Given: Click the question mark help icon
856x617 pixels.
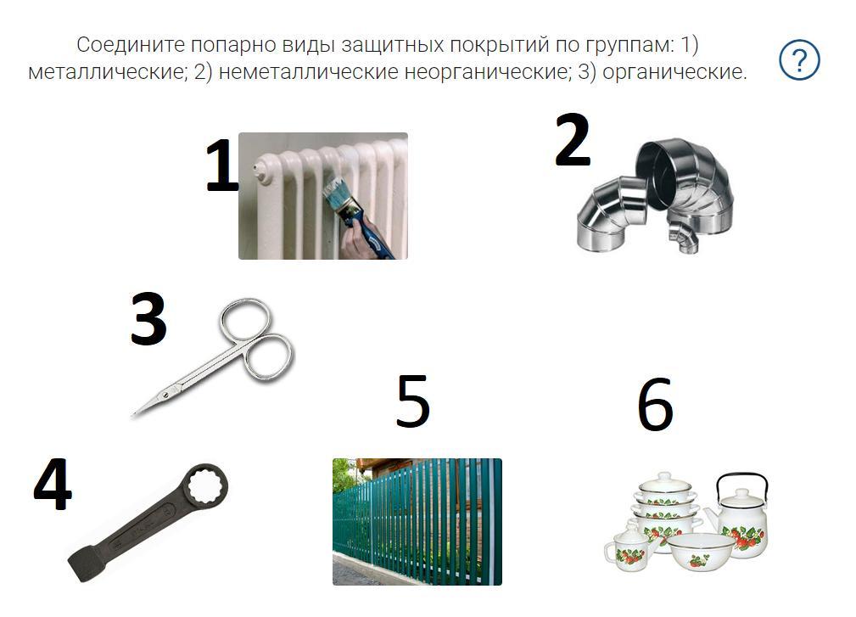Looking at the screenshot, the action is click(799, 60).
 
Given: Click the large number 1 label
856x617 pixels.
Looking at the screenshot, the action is click(221, 165).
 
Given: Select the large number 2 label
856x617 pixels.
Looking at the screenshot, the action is click(573, 140).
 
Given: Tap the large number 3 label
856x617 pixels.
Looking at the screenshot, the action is click(148, 318).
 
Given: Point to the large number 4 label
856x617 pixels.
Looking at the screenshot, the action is click(53, 484).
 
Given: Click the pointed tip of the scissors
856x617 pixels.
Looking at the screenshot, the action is click(133, 414).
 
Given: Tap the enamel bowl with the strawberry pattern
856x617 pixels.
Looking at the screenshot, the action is click(700, 551).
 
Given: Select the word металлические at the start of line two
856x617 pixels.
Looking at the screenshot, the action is click(107, 72).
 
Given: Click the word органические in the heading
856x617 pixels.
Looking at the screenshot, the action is click(674, 72).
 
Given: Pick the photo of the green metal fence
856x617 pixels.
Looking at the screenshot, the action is click(417, 521).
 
